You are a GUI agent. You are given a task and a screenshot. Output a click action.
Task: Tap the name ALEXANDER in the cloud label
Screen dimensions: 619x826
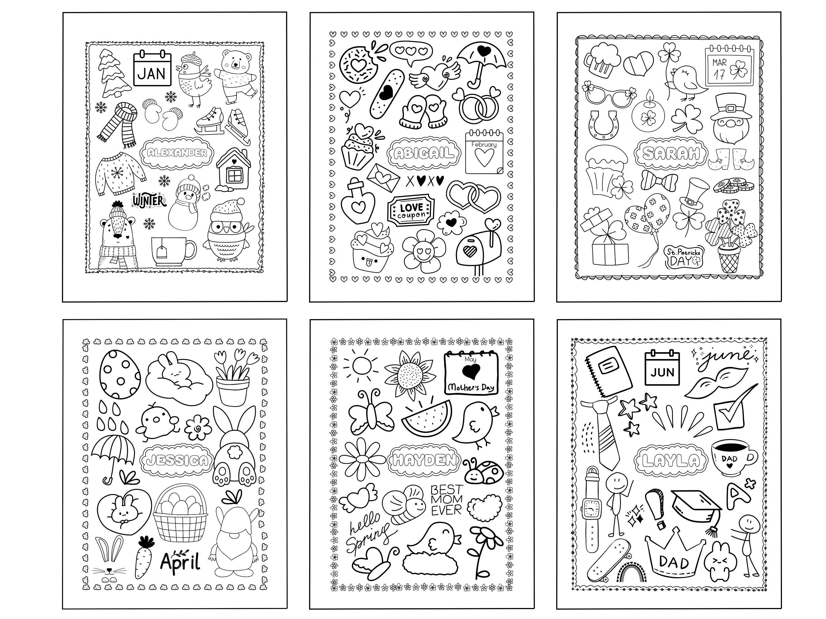tap(177, 153)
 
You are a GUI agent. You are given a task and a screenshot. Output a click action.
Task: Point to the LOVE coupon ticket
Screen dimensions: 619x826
tap(412, 211)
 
